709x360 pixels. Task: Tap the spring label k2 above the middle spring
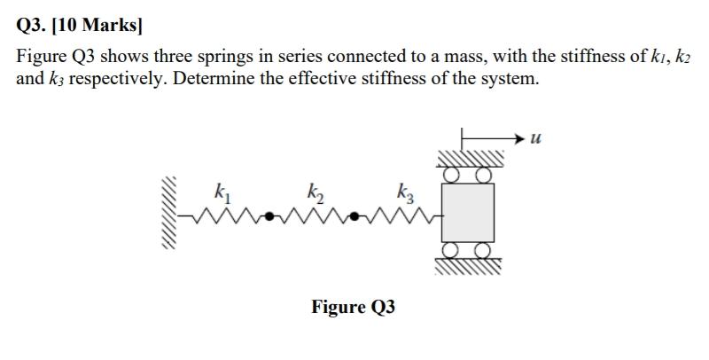315,191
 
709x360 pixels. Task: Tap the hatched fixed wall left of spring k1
170,213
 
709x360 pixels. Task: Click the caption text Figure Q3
353,307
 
